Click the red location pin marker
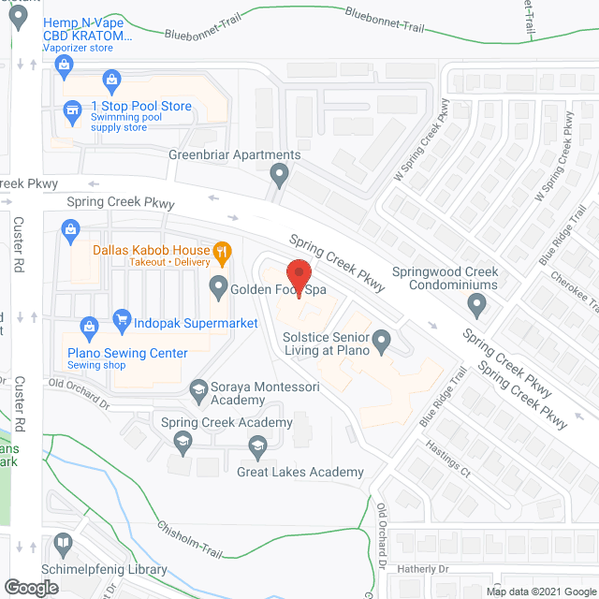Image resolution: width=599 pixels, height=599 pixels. coord(299,275)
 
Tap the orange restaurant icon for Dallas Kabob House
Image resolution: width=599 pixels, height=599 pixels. coord(222,250)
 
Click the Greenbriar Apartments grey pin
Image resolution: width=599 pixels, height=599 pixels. coord(278,173)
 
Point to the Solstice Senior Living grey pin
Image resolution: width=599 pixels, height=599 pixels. coord(382,342)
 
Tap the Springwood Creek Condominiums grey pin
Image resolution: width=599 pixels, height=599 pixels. coord(477,303)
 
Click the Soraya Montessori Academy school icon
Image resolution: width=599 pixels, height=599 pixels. coord(198,387)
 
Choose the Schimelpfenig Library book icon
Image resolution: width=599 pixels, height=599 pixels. coord(62,544)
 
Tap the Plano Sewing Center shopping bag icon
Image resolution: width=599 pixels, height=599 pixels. coord(88,327)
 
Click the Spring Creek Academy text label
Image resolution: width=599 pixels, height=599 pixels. coord(227,422)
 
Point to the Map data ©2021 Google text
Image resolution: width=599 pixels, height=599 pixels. coord(541,592)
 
